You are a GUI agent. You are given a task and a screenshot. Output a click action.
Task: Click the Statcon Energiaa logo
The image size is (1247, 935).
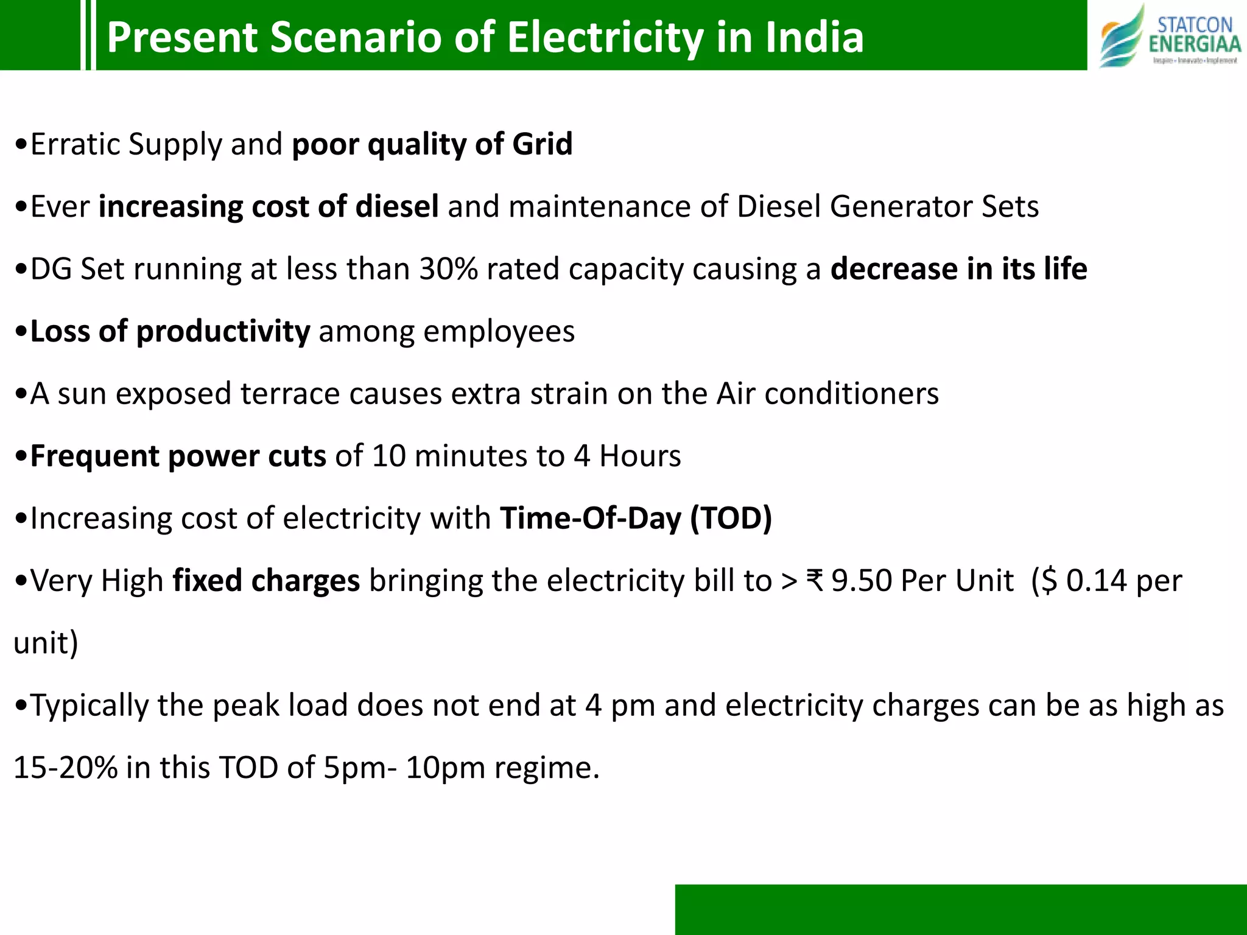(1169, 35)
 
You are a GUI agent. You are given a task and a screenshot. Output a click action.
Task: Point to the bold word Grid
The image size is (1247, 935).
(542, 145)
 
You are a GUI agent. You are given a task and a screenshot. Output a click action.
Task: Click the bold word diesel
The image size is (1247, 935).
(397, 207)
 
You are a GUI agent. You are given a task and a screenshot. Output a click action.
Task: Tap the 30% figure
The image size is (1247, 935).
(448, 270)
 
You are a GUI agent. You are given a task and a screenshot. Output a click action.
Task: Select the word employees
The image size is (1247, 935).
(499, 332)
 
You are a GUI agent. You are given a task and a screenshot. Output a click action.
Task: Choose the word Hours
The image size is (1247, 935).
(640, 457)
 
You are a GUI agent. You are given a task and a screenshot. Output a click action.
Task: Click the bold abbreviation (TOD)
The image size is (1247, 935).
(731, 519)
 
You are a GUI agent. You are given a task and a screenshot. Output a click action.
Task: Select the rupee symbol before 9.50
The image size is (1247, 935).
(815, 581)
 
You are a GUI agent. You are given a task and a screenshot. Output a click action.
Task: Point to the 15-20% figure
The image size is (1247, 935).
(65, 768)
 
